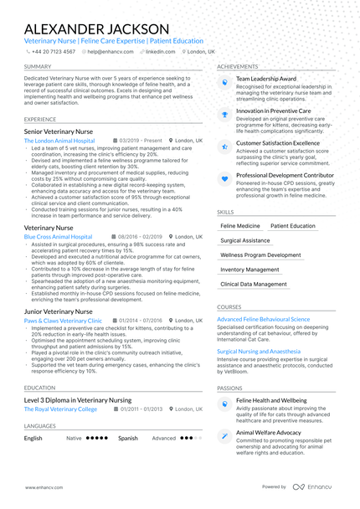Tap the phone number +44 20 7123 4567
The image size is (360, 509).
click(x=52, y=51)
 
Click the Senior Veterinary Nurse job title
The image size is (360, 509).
click(x=58, y=132)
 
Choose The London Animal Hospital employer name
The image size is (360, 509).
click(x=59, y=141)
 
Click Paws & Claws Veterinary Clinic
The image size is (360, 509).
click(x=63, y=321)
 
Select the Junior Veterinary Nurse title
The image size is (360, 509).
click(x=58, y=311)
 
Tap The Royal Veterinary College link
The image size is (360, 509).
click(x=60, y=409)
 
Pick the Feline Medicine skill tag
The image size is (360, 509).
click(x=240, y=226)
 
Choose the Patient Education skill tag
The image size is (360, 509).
click(x=293, y=226)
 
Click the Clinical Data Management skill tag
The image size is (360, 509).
click(x=254, y=284)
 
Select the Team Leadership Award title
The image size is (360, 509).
click(x=266, y=78)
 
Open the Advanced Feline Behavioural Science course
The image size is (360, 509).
click(x=263, y=319)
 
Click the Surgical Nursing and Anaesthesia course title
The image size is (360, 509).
click(x=259, y=352)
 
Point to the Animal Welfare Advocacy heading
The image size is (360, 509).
click(x=269, y=432)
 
